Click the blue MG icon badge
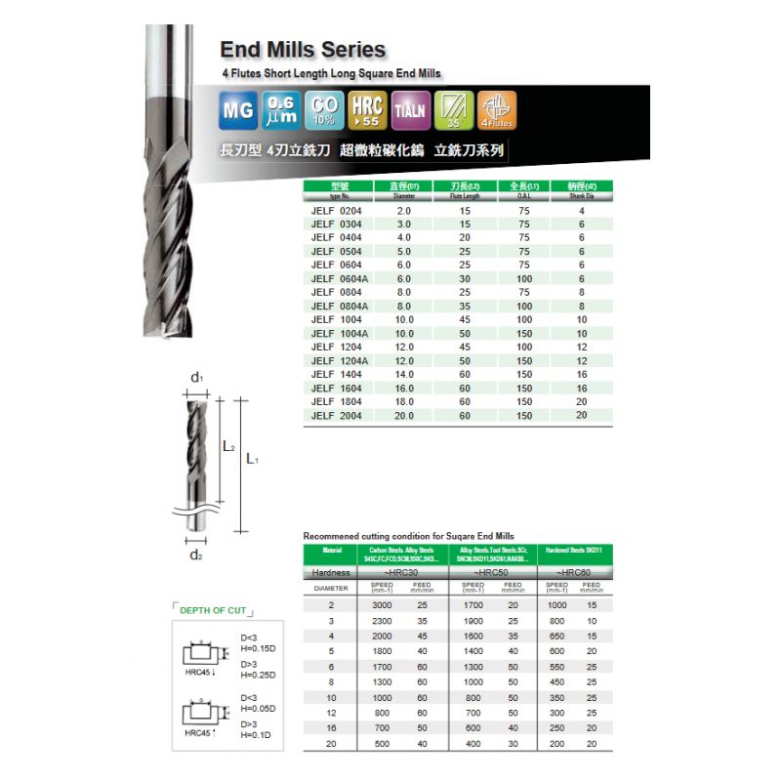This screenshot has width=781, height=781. coord(238,110)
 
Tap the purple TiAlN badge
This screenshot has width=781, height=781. coord(409,110)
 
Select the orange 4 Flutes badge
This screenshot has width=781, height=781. coord(498,110)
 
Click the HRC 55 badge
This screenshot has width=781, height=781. coord(366,110)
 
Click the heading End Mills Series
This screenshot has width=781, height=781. coord(303,50)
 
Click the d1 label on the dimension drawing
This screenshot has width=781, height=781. coord(196,377)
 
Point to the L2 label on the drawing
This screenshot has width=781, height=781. coord(228,446)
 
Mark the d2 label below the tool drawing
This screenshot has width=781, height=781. coord(196,555)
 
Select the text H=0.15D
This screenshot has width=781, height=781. coord(259,647)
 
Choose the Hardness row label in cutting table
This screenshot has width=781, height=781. coord(332,572)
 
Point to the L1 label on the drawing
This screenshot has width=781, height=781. coord(252,458)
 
